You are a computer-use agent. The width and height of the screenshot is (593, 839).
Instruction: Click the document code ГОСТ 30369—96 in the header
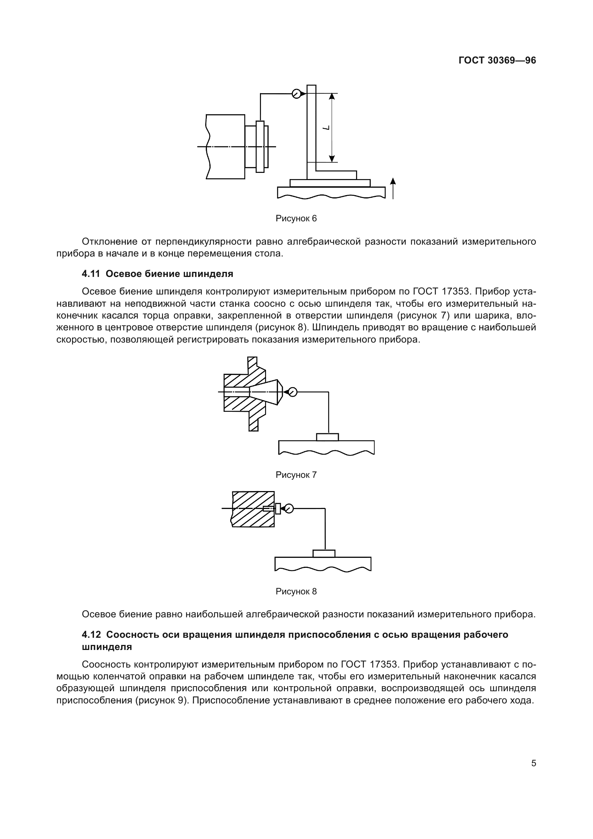point(497,61)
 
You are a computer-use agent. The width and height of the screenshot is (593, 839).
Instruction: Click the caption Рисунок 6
point(296,218)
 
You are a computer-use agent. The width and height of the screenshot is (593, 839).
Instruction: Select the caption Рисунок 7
point(296,475)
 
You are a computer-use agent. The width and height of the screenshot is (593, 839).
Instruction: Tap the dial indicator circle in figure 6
point(296,94)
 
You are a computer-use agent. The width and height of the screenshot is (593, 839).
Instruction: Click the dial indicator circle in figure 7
point(293,392)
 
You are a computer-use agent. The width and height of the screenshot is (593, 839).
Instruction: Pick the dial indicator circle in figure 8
point(289,508)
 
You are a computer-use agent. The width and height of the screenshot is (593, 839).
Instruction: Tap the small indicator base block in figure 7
point(327,437)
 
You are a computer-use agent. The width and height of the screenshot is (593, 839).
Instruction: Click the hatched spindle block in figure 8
point(253,509)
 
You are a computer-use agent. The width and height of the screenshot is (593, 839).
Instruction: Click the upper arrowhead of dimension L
point(332,96)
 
